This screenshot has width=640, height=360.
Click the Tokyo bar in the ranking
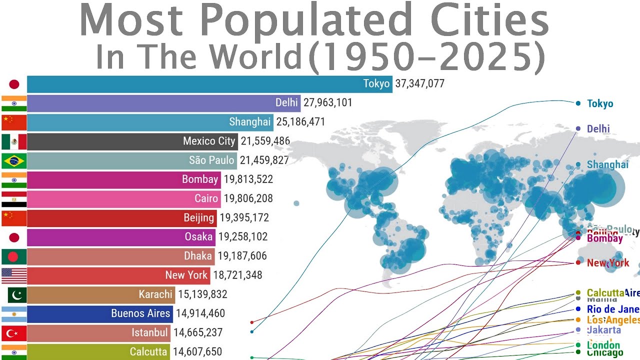pyautogui.click(x=200, y=84)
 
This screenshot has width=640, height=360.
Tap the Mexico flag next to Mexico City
pyautogui.click(x=14, y=141)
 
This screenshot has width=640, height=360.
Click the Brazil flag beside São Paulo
pyautogui.click(x=14, y=160)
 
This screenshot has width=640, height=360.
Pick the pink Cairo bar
pyautogui.click(x=120, y=199)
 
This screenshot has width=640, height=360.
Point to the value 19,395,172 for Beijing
pyautogui.click(x=246, y=218)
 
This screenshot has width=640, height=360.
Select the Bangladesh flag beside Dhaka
pyautogui.click(x=14, y=256)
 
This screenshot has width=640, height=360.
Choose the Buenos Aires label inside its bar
pyautogui.click(x=141, y=313)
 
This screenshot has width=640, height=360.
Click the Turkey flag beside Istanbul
pyautogui.click(x=14, y=332)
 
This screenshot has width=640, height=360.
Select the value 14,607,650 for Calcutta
pyautogui.click(x=197, y=352)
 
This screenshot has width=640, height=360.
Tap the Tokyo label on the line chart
pyautogui.click(x=600, y=104)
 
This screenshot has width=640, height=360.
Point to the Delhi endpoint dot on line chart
pyautogui.click(x=578, y=128)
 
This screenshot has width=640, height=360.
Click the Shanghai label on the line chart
pyautogui.click(x=607, y=164)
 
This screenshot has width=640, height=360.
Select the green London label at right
pyautogui.click(x=603, y=345)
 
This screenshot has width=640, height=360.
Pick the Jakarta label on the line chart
pyautogui.click(x=604, y=330)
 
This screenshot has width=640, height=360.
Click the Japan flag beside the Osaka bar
pyautogui.click(x=14, y=237)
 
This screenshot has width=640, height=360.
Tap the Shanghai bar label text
pyautogui.click(x=249, y=122)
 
